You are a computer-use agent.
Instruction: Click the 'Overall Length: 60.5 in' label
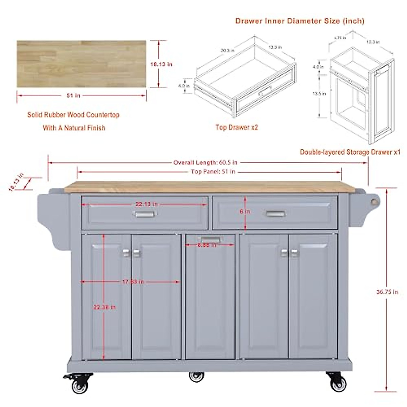[205, 162]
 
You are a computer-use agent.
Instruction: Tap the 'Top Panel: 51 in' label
[213, 172]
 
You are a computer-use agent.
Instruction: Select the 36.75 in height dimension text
[387, 292]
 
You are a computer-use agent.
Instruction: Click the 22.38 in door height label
[104, 307]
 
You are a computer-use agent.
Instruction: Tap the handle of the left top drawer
[145, 214]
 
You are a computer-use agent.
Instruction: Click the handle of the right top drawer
[275, 214]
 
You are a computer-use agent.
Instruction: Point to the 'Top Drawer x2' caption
[237, 127]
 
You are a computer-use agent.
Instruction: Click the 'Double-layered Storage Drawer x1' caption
[350, 152]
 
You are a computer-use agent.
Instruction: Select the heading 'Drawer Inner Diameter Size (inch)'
[300, 21]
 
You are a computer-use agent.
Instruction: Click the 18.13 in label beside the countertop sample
[161, 64]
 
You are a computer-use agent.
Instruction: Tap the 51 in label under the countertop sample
[73, 96]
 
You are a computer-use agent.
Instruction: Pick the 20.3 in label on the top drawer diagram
[227, 51]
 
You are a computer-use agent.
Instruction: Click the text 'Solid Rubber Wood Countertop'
[73, 115]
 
